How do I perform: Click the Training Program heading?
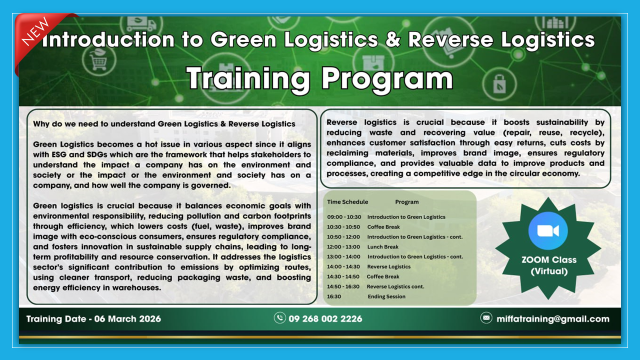click(x=319, y=79)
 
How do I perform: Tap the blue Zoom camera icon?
click(x=548, y=230)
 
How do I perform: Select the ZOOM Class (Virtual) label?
click(x=548, y=265)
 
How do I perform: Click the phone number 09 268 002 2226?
click(x=325, y=318)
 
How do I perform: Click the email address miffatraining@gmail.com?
click(x=552, y=318)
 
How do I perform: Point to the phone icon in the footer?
click(x=280, y=318)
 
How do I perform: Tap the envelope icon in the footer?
click(x=486, y=318)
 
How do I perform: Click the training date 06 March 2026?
click(x=93, y=318)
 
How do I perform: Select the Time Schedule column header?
click(x=347, y=202)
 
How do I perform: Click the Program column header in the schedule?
click(x=406, y=202)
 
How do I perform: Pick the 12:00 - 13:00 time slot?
click(x=343, y=246)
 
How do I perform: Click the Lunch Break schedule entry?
click(x=382, y=246)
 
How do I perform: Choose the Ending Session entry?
click(x=386, y=296)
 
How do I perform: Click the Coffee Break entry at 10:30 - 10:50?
click(x=383, y=227)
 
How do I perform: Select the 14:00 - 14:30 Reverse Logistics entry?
click(x=388, y=266)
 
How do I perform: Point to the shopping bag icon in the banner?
click(x=499, y=84)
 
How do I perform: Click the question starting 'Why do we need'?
click(x=164, y=123)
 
